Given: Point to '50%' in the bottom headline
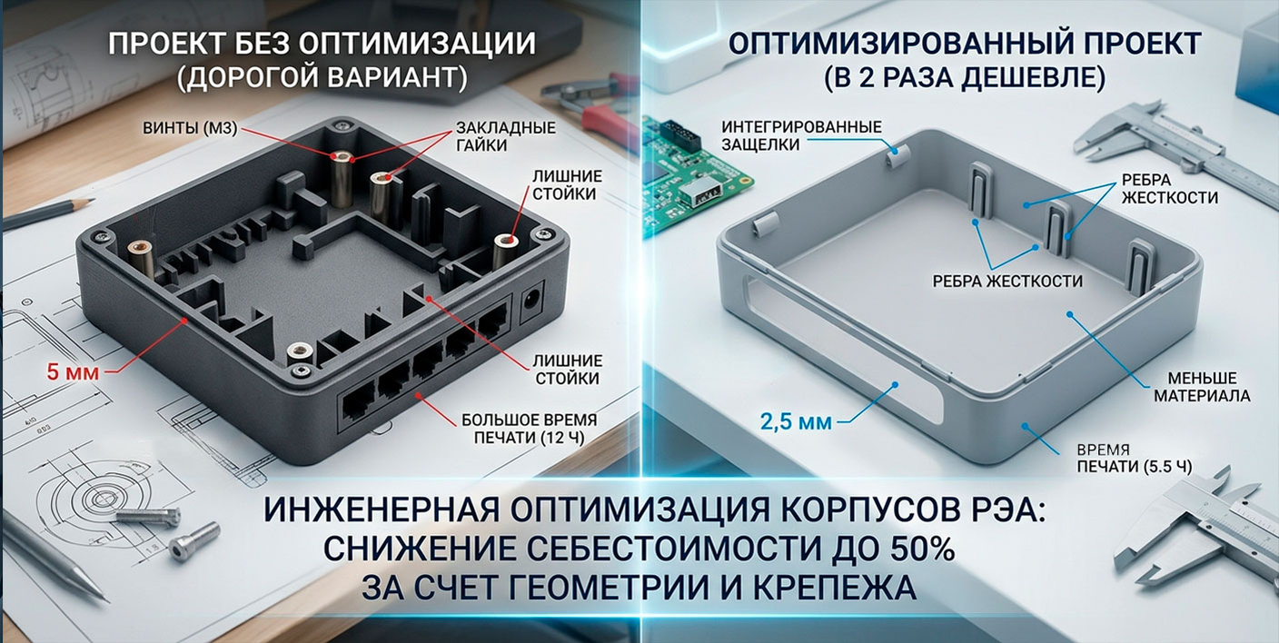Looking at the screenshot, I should [x=908, y=550].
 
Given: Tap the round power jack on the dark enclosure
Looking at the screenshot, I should [x=531, y=303].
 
